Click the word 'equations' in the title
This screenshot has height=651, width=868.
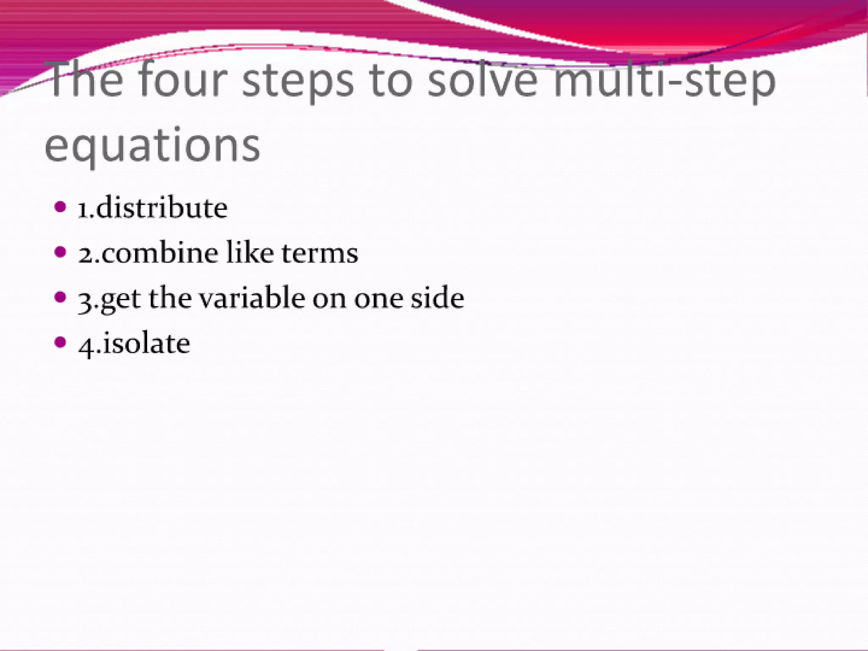point(152,146)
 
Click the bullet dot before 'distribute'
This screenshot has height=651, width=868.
point(61,207)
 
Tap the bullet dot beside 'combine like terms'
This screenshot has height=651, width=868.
point(61,252)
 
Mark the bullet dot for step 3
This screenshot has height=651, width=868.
point(61,297)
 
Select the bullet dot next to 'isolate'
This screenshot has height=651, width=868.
point(61,342)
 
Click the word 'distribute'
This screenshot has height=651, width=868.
point(161,208)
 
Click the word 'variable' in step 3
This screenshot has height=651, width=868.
point(252,298)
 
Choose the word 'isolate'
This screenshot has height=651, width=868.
point(146,343)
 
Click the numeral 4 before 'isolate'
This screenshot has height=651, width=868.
point(86,345)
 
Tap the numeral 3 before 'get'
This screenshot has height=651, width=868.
point(86,300)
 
